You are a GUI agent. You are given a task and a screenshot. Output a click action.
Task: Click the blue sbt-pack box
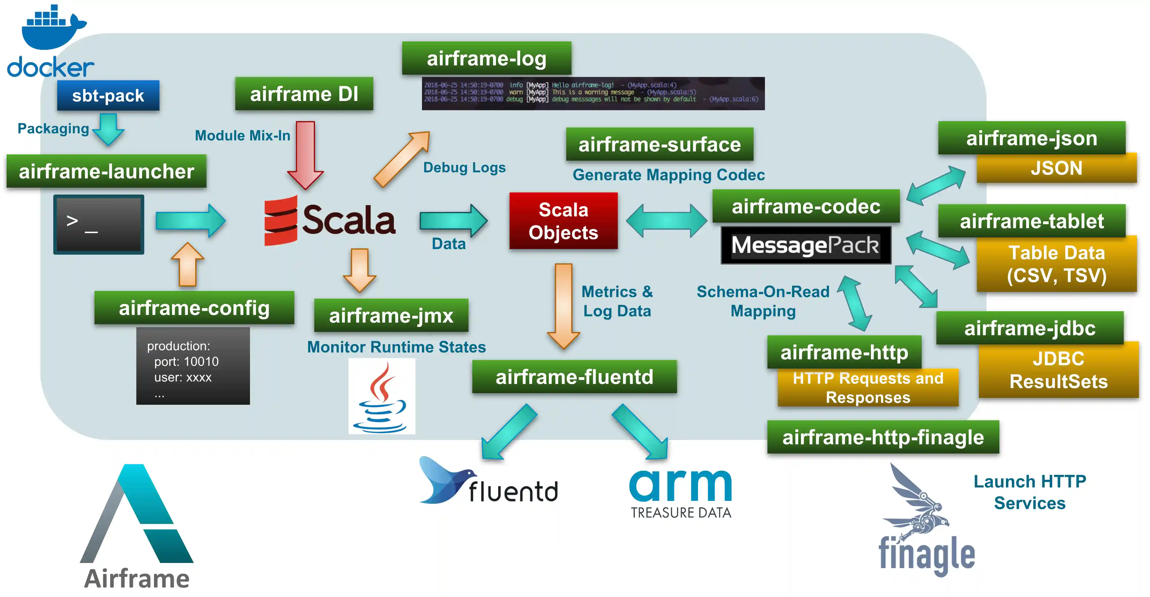(108, 95)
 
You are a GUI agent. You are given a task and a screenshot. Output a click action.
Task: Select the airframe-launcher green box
(106, 171)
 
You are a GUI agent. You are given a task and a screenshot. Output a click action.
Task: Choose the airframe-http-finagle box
(883, 437)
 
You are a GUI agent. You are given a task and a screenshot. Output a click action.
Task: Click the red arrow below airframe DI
(306, 154)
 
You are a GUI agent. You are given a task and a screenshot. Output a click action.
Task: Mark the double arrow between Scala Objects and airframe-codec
(667, 220)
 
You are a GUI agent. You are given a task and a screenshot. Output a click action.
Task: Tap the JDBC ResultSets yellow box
(1058, 370)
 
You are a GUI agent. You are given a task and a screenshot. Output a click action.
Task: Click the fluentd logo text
(513, 492)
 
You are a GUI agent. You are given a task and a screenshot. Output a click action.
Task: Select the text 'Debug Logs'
(464, 168)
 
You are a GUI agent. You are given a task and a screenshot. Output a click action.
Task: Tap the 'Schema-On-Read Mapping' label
(763, 301)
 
